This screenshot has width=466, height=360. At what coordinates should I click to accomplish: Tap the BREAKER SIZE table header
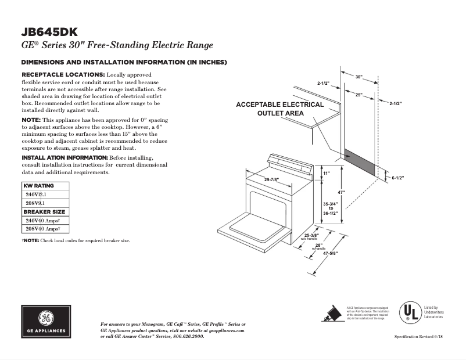pos(44,212)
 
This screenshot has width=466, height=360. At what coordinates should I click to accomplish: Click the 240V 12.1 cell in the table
pos(35,195)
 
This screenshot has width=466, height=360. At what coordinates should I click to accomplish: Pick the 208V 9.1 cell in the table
pos(34,203)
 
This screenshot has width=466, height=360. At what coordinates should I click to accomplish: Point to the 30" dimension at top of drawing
pos(359,77)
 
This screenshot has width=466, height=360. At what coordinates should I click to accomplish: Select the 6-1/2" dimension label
pos(397,178)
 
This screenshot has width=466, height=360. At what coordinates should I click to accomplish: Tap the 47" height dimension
pos(342,192)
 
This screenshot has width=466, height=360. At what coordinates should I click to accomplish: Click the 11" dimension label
pos(326,174)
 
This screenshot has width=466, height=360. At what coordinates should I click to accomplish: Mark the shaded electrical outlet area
pos(360,160)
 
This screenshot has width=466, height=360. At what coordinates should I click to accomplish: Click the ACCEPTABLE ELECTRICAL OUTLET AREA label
pos(279,109)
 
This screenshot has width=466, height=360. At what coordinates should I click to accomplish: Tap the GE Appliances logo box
pos(46,321)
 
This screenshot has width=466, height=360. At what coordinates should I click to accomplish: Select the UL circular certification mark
pos(409,313)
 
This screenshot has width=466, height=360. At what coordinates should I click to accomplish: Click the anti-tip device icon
pos(332,313)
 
